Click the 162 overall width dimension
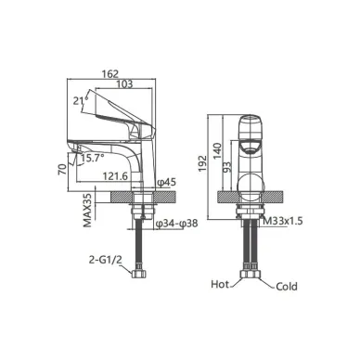(x=110, y=74)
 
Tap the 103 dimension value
(x=125, y=84)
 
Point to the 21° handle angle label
(x=81, y=100)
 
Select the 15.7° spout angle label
(x=93, y=158)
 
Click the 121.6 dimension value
(x=115, y=176)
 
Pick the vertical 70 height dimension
(x=63, y=169)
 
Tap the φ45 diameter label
(x=166, y=183)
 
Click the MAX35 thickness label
(x=87, y=211)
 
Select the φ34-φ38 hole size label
(x=176, y=224)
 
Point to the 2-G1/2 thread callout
(x=106, y=260)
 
